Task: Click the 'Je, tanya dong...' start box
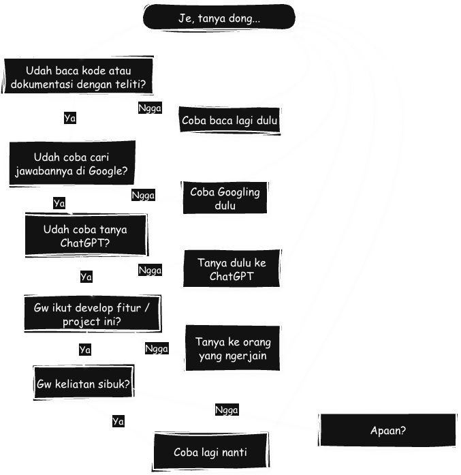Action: [219, 17]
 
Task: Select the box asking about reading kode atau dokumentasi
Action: [80, 78]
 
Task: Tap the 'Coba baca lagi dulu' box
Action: [230, 121]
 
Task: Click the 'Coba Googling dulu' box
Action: [225, 198]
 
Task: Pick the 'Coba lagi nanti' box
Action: [210, 452]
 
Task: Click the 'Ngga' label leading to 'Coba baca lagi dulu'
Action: [150, 108]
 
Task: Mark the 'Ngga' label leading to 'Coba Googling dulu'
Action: [143, 196]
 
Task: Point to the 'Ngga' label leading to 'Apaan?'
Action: [227, 410]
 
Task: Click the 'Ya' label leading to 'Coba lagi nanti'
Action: [118, 421]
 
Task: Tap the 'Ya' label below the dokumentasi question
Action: [69, 118]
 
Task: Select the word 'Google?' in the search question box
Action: [108, 171]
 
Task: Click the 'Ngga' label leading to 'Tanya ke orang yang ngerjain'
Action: [157, 348]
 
